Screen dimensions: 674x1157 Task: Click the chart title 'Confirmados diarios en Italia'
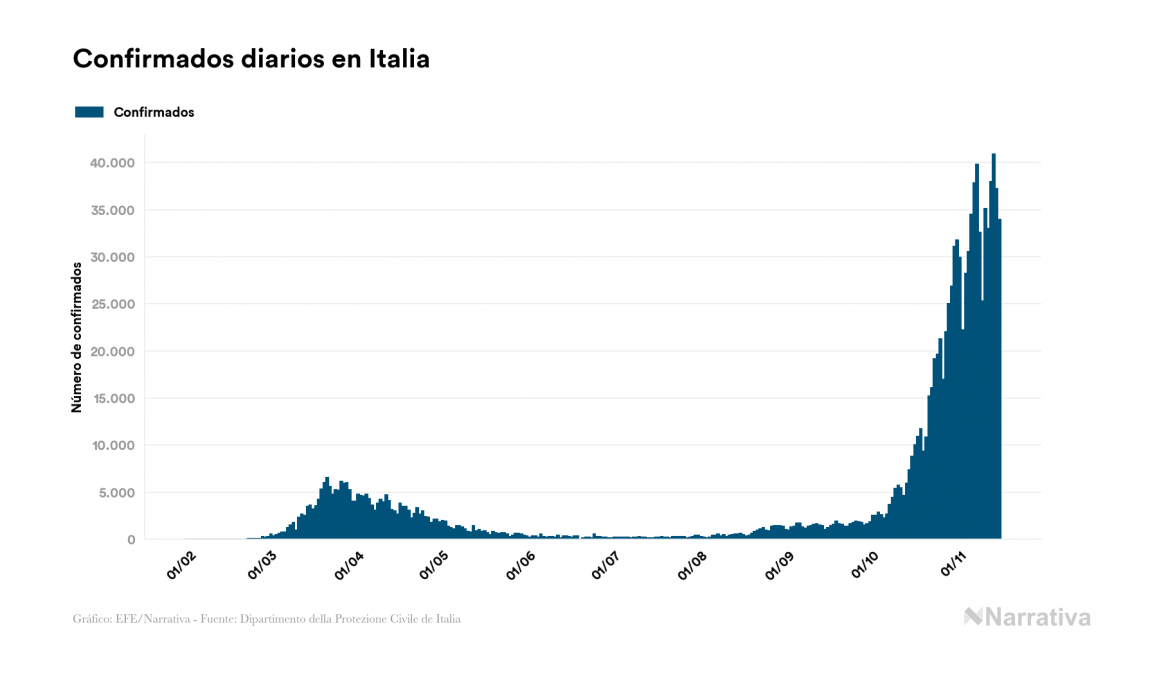click(x=251, y=59)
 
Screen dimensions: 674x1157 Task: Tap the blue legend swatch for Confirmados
click(x=89, y=112)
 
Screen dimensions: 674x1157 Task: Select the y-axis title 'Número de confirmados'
click(x=76, y=336)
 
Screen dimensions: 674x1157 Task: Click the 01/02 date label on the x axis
click(x=181, y=567)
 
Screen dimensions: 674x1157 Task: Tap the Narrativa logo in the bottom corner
click(x=1027, y=617)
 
